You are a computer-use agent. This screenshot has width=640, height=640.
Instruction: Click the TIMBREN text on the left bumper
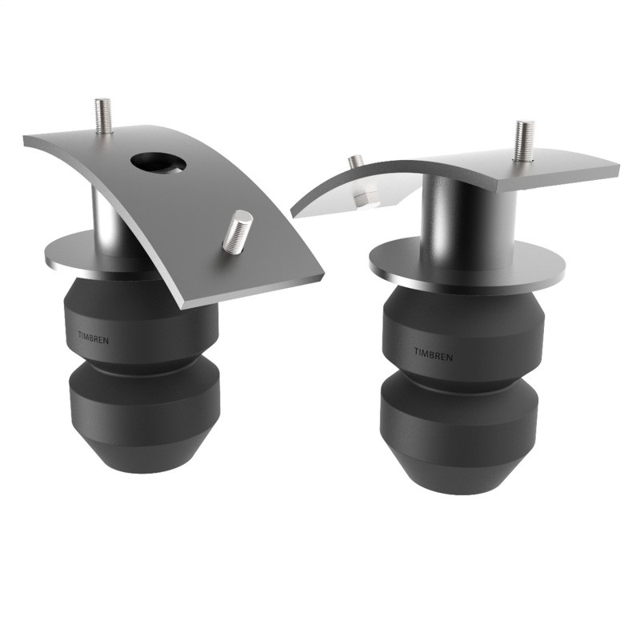click(95, 338)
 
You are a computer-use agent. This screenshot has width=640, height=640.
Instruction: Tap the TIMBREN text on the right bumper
click(433, 353)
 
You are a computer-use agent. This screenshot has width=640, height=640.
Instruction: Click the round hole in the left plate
click(158, 162)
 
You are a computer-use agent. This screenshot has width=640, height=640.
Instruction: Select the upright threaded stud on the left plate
click(102, 116)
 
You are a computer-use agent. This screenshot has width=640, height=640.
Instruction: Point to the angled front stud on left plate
click(237, 232)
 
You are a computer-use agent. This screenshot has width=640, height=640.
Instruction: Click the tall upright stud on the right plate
click(525, 140)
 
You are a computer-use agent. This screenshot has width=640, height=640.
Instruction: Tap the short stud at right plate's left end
click(356, 162)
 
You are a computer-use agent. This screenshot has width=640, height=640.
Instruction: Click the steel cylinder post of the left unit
click(106, 218)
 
